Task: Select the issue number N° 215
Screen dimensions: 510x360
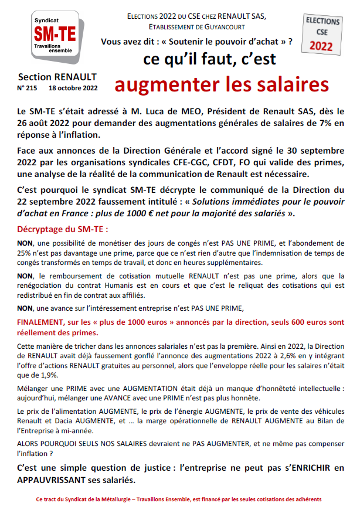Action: coord(28,89)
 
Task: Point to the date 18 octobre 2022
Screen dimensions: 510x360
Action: coord(73,89)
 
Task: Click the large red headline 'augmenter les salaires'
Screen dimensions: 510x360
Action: coord(222,84)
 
